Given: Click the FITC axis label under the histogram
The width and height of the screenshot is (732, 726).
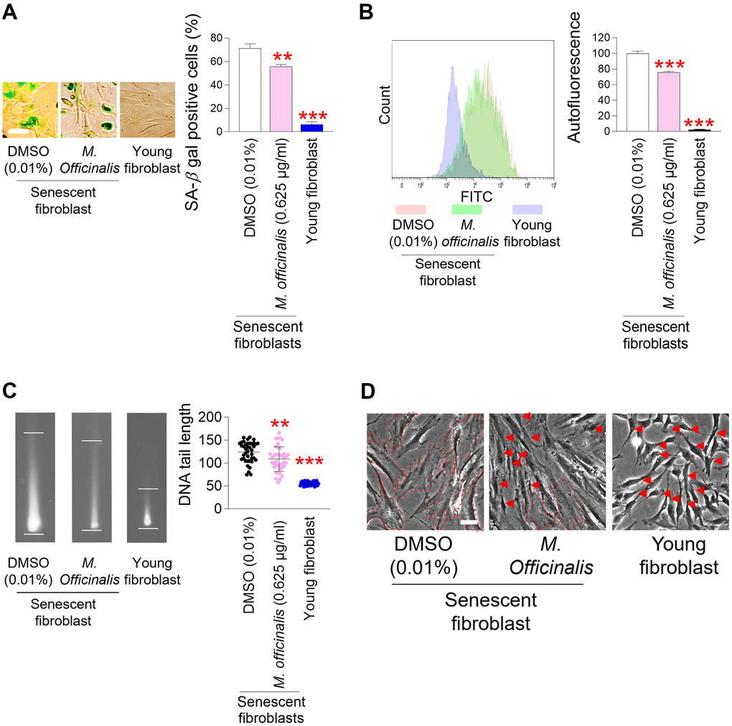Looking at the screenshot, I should click(470, 194).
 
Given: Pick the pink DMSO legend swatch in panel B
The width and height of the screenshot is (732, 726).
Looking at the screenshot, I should click(410, 209).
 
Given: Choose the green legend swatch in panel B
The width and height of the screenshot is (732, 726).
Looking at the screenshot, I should click(466, 209).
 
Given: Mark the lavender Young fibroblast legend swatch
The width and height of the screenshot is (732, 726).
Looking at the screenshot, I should click(528, 209).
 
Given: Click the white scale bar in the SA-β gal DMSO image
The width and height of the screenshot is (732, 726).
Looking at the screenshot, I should click(19, 133).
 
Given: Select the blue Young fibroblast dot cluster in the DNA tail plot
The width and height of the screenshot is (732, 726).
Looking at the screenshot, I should click(312, 484).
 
